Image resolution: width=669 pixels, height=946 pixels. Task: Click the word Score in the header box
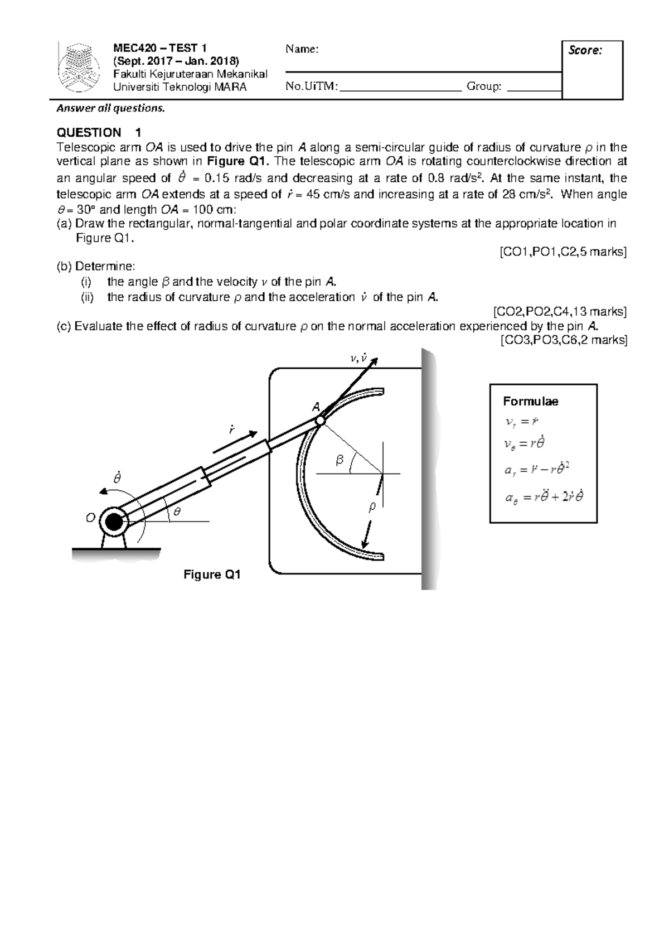pos(585,51)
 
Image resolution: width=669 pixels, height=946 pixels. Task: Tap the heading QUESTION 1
pos(99,133)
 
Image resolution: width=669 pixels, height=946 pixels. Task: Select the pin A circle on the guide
pos(319,421)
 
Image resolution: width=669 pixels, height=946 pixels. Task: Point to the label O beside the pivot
pos(90,518)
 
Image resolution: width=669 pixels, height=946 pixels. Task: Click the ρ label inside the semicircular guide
pos(372,506)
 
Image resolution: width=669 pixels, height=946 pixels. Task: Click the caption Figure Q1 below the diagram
pos(212,575)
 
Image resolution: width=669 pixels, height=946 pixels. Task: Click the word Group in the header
pos(483,86)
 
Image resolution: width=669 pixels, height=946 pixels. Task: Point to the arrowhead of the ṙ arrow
pos(253,433)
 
